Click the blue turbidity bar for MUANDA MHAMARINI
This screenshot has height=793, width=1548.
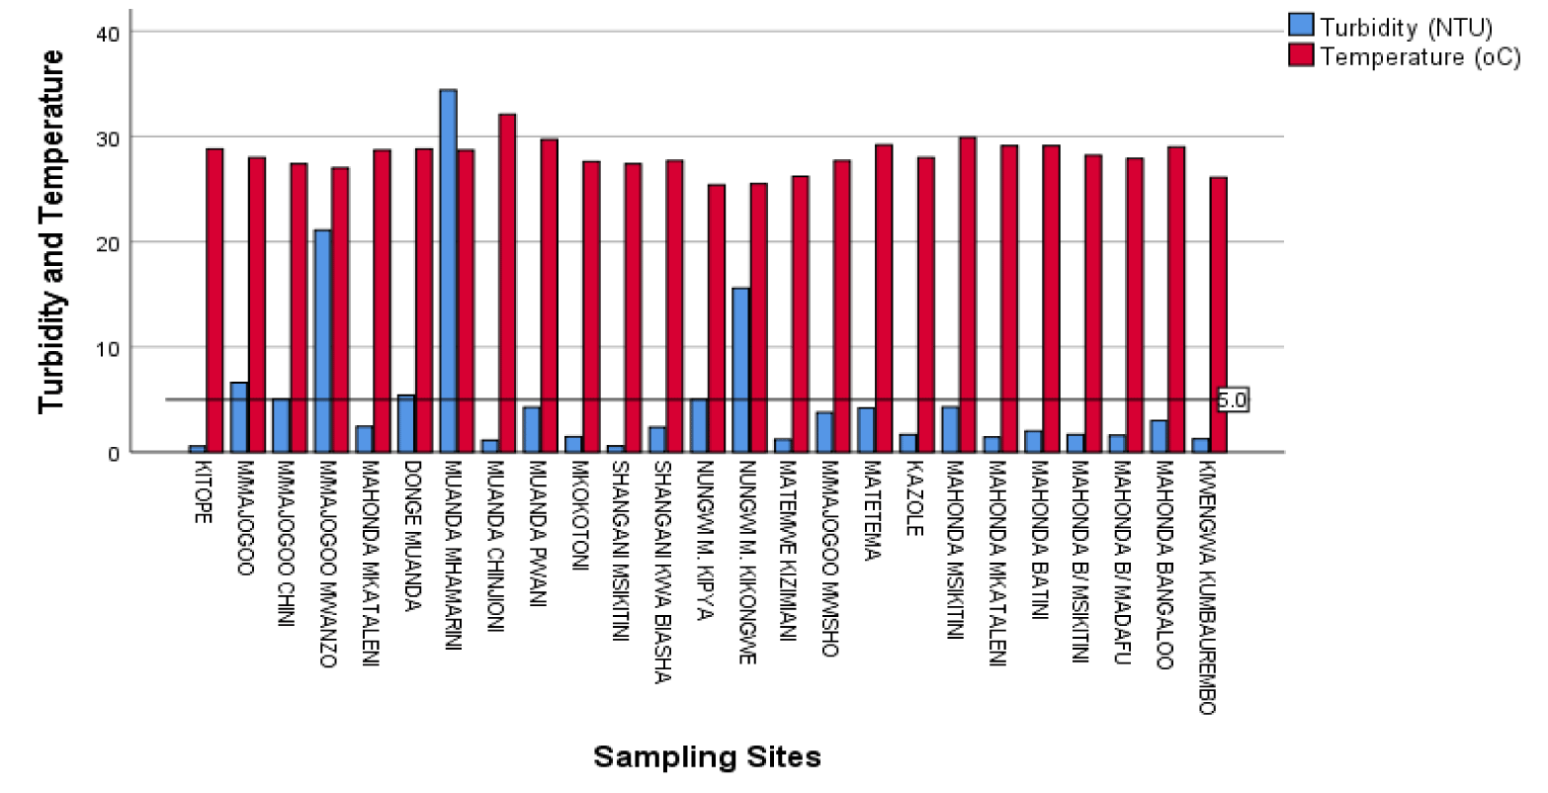tap(448, 271)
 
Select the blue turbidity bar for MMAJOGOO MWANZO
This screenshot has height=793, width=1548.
tap(322, 341)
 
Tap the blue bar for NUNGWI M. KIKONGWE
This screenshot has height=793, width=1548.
tap(740, 370)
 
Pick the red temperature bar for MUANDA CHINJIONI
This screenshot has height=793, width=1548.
tap(507, 283)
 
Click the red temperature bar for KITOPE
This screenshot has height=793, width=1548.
tap(215, 301)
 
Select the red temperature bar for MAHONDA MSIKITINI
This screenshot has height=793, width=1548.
tap(968, 295)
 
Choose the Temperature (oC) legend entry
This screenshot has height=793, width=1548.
tap(1405, 56)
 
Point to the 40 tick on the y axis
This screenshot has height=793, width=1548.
tap(108, 33)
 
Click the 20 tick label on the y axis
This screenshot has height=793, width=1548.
tap(108, 242)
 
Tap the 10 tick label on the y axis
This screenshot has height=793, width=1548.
tap(108, 347)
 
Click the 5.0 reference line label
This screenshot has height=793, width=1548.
tap(1232, 400)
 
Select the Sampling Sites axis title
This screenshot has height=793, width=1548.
tap(707, 757)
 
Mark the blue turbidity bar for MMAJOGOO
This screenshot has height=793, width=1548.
tap(238, 417)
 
